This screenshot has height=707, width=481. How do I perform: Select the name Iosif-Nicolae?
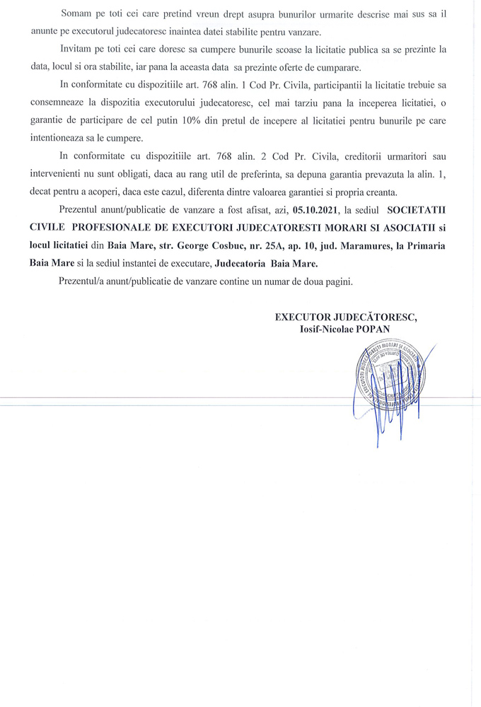pyautogui.click(x=325, y=329)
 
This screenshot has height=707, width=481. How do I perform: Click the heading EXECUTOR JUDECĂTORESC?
pyautogui.click(x=346, y=317)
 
